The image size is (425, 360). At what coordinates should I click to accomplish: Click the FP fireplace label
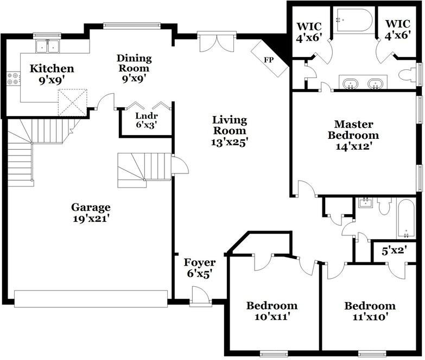269,60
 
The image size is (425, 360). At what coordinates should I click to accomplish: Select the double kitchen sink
48,46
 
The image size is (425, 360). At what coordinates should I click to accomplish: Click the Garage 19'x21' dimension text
91,218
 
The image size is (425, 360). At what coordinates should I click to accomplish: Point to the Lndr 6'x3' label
147,120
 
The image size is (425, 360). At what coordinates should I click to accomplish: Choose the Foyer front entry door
201,296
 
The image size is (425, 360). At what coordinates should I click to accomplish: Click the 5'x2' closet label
395,251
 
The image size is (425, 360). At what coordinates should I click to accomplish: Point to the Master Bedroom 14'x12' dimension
353,146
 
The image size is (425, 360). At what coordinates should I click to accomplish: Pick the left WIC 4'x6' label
309,33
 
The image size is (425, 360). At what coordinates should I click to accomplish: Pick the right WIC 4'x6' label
398,29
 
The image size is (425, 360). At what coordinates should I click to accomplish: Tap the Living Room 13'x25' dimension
230,142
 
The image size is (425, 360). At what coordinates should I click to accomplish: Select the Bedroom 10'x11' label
272,311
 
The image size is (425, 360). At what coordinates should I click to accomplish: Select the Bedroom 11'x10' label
370,311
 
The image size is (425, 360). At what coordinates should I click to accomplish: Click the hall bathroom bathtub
406,219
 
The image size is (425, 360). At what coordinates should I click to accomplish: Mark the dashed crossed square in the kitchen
72,102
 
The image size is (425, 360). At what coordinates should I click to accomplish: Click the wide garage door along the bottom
91,299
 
